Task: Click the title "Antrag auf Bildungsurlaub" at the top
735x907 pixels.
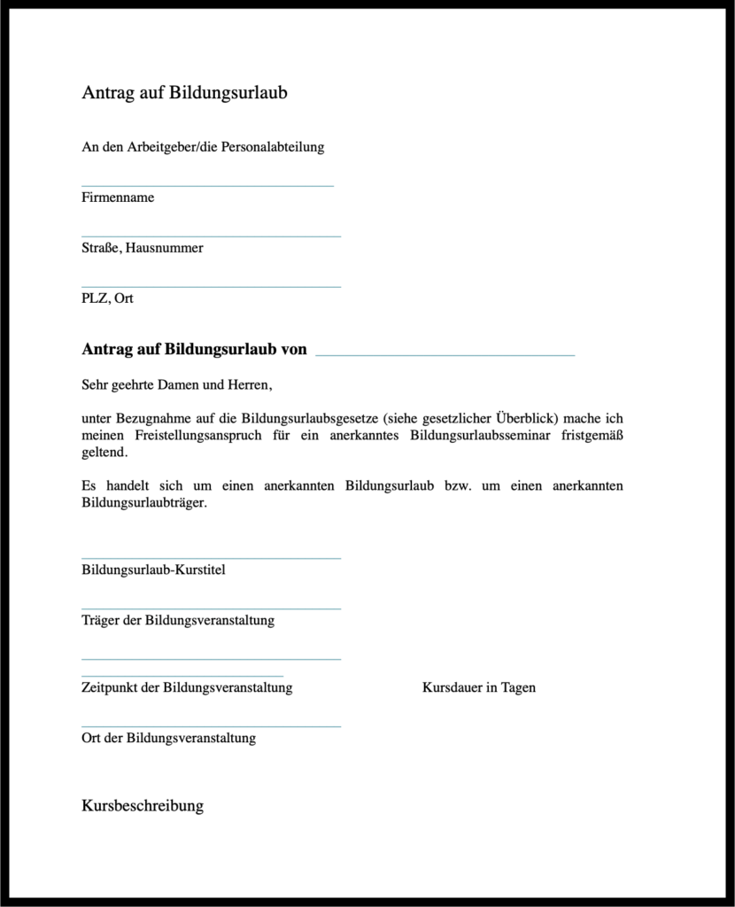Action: pyautogui.click(x=184, y=93)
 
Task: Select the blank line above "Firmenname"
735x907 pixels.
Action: pyautogui.click(x=207, y=186)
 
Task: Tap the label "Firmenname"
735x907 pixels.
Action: pyautogui.click(x=118, y=198)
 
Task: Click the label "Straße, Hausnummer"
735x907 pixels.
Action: pyautogui.click(x=143, y=248)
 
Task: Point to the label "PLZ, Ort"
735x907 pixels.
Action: pyautogui.click(x=107, y=298)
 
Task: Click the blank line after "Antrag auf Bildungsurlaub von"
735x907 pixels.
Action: pyautogui.click(x=445, y=354)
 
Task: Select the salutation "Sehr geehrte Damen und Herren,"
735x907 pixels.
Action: pyautogui.click(x=176, y=385)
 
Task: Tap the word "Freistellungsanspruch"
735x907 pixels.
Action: pyautogui.click(x=197, y=436)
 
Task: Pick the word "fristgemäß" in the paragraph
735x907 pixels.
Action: pyautogui.click(x=592, y=436)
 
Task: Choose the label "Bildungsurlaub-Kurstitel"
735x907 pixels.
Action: pyautogui.click(x=153, y=570)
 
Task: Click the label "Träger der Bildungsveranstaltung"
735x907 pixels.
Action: pyautogui.click(x=178, y=620)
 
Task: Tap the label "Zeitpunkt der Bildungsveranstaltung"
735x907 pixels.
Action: pyautogui.click(x=187, y=687)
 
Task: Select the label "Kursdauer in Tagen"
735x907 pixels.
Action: pyautogui.click(x=479, y=687)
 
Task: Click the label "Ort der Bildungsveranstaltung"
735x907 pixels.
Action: pyautogui.click(x=168, y=738)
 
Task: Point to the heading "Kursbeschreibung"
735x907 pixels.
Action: pyautogui.click(x=143, y=806)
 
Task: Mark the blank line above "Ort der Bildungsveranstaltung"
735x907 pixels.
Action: pyautogui.click(x=211, y=726)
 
